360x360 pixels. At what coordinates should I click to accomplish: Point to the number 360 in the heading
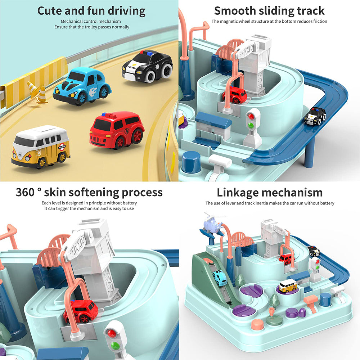[x=25, y=192]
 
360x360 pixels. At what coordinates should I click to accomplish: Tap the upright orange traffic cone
[x=42, y=94]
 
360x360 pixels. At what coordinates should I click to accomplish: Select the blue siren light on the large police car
[x=149, y=53]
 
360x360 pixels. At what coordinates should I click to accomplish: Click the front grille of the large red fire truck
[x=96, y=139]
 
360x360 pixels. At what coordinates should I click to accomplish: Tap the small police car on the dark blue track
[x=315, y=116]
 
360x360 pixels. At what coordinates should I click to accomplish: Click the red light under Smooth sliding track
[x=251, y=116]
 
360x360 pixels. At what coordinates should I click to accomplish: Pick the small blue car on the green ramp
[x=220, y=278]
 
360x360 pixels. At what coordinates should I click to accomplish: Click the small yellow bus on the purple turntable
[x=288, y=285]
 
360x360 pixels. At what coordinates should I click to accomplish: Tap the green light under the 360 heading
[x=115, y=345]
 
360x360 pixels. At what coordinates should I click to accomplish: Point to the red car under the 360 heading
[x=81, y=311]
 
